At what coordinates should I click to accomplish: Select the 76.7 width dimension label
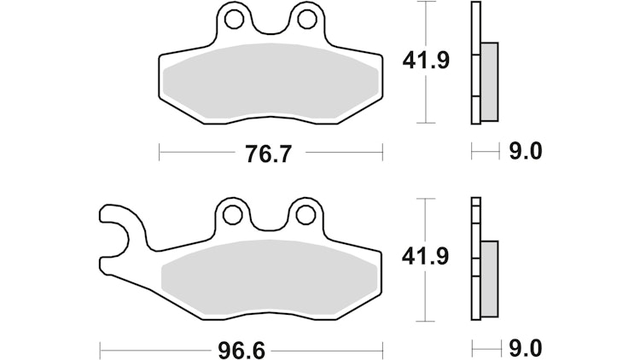click(x=269, y=154)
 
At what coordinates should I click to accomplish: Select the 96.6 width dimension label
click(x=241, y=351)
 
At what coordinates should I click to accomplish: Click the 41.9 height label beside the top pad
click(x=426, y=61)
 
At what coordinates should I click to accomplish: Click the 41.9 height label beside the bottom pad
click(x=425, y=257)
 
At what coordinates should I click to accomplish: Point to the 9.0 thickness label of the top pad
click(x=526, y=152)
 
